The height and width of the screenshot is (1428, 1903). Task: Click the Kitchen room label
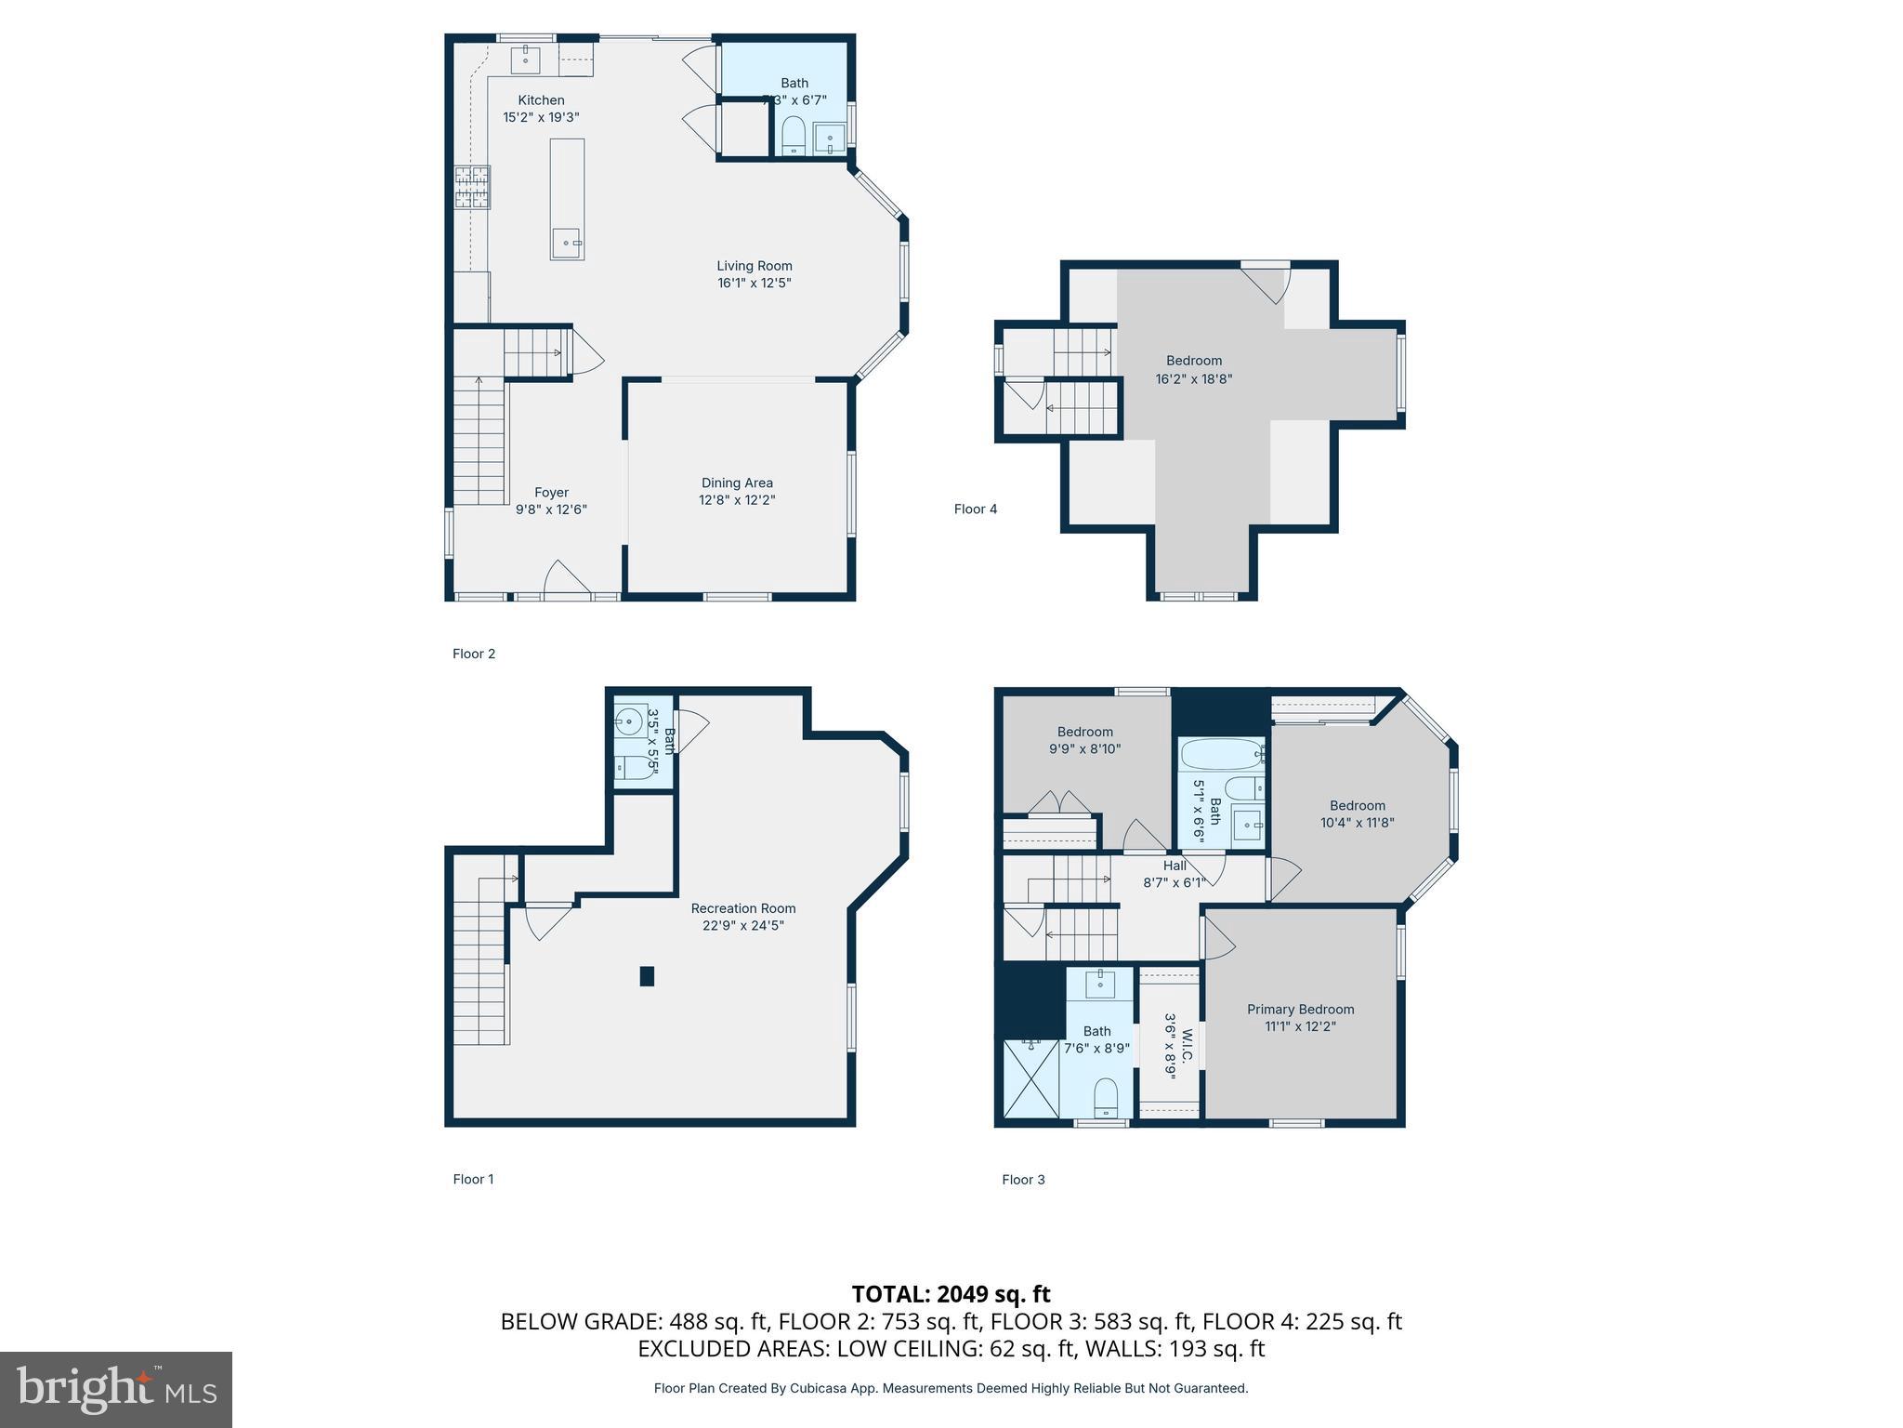541,100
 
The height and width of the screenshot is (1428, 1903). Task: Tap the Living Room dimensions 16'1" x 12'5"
754,283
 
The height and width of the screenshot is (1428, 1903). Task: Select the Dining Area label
737,483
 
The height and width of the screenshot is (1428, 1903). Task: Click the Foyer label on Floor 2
551,493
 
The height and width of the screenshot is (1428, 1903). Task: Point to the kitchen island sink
566,243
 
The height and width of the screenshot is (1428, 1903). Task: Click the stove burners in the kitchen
472,187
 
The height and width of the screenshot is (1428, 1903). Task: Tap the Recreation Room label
742,908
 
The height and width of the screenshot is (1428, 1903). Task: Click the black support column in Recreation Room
647,976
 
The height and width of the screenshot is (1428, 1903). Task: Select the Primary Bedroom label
1300,1010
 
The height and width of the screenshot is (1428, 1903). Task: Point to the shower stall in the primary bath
1031,1078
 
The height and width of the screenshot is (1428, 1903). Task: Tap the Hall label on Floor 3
1175,866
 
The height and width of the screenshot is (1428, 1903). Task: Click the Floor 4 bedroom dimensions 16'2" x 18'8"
1194,378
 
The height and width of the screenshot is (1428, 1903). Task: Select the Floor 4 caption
976,509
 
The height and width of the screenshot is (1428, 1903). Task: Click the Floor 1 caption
473,1179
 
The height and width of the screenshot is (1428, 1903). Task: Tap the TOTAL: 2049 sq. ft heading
951,1294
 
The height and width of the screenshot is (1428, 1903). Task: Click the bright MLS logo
116,1389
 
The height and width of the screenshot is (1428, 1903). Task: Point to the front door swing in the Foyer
566,577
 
